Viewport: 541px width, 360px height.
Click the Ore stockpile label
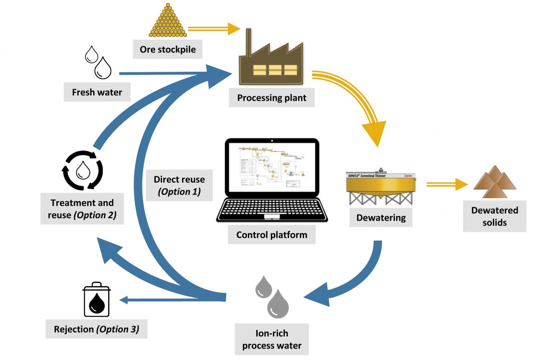coord(168,50)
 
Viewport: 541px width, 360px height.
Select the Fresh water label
coord(97,92)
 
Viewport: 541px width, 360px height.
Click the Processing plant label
coord(272,98)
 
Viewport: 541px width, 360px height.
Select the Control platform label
coord(272,235)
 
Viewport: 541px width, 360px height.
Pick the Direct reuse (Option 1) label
coord(179,185)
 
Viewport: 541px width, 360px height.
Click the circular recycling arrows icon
coord(82,171)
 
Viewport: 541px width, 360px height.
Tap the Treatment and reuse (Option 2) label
coord(82,209)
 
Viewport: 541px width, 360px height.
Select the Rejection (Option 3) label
coord(96,329)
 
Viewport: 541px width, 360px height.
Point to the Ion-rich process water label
coord(272,339)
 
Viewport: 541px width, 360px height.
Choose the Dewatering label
coord(381,218)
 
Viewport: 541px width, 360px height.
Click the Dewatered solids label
coord(494,216)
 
